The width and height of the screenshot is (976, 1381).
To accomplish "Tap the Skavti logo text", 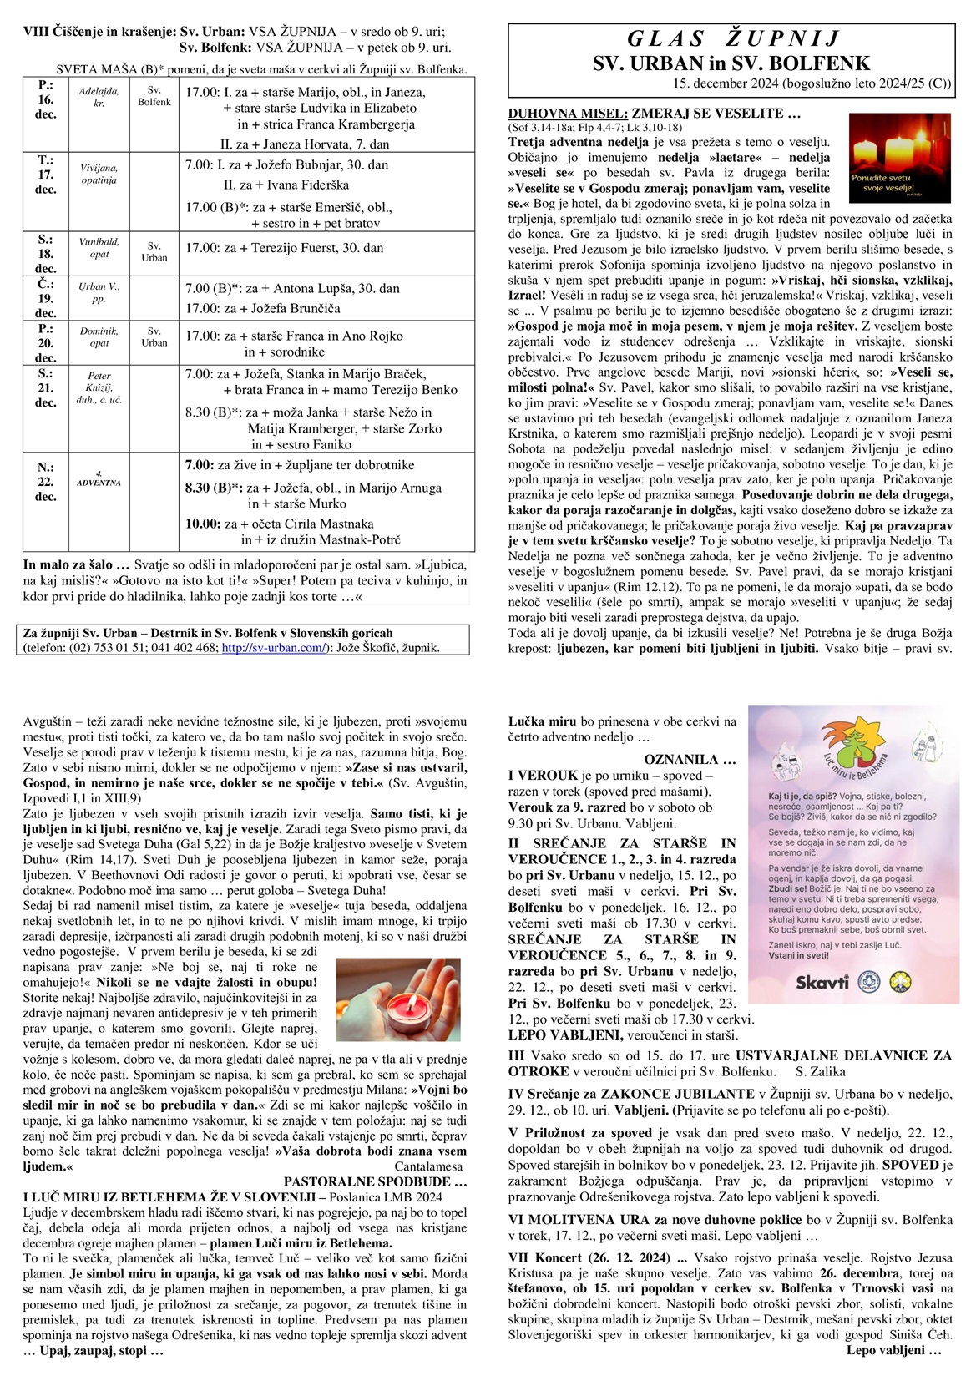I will point(822,981).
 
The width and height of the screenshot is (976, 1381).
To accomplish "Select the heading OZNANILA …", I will point(690,760).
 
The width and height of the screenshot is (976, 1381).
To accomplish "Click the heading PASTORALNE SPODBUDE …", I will point(375,1182).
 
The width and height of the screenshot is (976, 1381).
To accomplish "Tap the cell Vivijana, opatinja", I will point(99,174).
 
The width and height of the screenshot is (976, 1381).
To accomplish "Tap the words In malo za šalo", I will point(76,564).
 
